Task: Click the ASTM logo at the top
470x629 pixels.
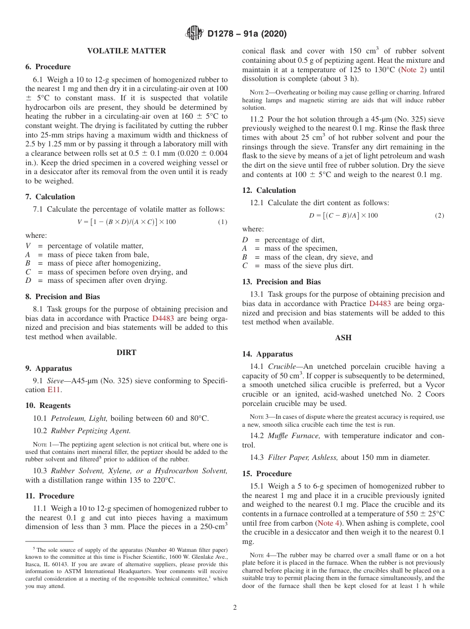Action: click(x=194, y=33)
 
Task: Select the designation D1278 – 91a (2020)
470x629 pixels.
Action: click(x=247, y=34)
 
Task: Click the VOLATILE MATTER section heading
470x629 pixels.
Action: click(x=126, y=51)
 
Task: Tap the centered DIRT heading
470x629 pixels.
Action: click(x=126, y=353)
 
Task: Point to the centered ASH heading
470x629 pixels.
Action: click(x=343, y=338)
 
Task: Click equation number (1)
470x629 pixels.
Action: click(x=223, y=222)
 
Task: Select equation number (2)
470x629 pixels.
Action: click(x=439, y=216)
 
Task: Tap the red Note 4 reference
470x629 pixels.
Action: click(x=332, y=523)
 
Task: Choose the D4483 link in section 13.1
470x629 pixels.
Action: click(x=379, y=304)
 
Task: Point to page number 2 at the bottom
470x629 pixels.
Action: click(x=235, y=608)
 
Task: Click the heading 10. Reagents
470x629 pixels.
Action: click(x=48, y=405)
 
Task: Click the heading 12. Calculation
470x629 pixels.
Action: click(x=269, y=190)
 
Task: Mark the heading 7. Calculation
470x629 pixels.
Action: click(x=50, y=197)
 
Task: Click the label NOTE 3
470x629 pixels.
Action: click(x=259, y=417)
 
